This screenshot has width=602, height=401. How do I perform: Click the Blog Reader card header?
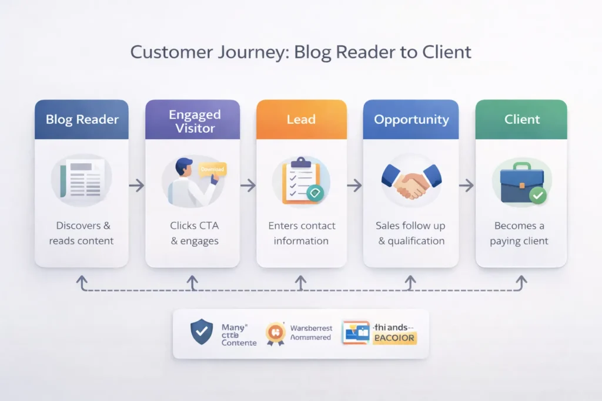click(82, 119)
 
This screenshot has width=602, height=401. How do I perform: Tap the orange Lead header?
click(300, 119)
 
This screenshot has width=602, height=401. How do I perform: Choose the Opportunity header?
click(411, 119)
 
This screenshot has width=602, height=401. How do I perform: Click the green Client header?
click(521, 119)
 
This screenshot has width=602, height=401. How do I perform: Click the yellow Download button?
click(212, 169)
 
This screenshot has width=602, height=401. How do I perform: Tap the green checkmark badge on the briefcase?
click(537, 196)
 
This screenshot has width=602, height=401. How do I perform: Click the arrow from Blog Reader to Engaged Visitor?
click(136, 186)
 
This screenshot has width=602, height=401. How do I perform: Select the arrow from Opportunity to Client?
click(466, 186)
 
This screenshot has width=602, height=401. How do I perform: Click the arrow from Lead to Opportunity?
click(354, 186)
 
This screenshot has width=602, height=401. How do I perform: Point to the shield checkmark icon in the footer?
click(202, 332)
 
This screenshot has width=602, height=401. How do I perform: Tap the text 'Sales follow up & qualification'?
click(411, 233)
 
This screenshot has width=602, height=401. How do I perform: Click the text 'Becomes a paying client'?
click(519, 233)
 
